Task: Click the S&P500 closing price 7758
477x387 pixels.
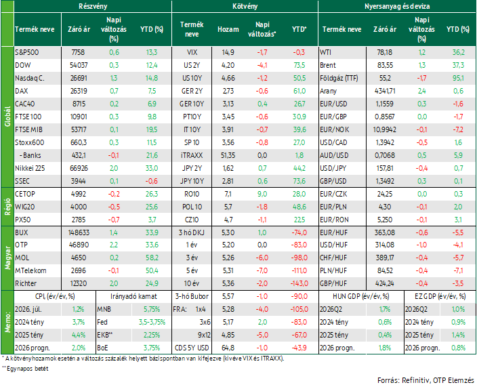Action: (x=78, y=52)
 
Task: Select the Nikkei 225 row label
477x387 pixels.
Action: (x=30, y=168)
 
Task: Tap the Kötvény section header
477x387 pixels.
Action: (x=245, y=6)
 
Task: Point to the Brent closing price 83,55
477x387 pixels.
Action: (x=385, y=65)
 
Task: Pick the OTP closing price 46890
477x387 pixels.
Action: (x=79, y=245)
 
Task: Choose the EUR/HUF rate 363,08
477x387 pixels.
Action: (x=385, y=232)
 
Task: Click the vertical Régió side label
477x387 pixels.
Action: (x=7, y=207)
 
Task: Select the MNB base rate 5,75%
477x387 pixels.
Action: (x=152, y=310)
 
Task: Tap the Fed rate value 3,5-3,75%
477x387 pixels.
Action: (x=152, y=322)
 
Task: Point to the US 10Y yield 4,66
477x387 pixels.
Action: (x=228, y=78)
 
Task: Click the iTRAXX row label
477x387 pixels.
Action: (x=192, y=155)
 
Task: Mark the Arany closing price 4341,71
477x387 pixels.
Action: (x=385, y=91)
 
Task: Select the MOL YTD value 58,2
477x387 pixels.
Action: (x=152, y=258)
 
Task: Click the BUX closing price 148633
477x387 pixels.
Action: (x=79, y=232)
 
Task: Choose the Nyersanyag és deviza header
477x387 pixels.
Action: (x=397, y=6)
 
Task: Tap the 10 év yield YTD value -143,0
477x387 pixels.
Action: (x=299, y=283)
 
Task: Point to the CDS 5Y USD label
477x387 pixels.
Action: (x=192, y=348)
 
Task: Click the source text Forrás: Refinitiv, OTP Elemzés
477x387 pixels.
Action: (x=426, y=380)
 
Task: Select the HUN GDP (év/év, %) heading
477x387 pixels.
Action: (x=360, y=296)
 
